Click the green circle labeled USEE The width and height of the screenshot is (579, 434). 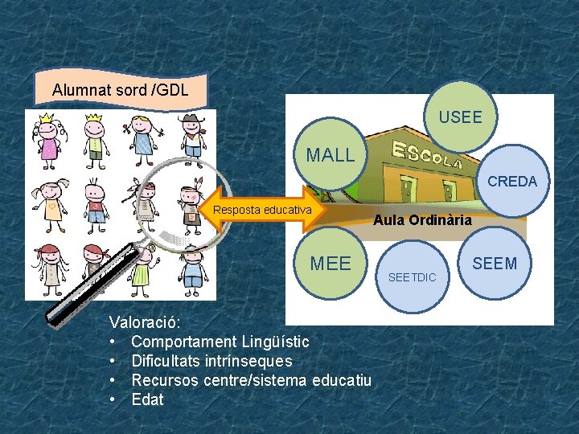click(x=461, y=117)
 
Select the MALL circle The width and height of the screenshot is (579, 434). click(x=330, y=155)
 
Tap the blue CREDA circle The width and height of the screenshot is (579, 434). click(x=511, y=181)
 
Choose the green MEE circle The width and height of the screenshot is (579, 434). click(x=331, y=264)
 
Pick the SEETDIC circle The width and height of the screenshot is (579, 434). click(x=412, y=277)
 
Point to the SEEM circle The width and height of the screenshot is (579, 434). click(x=495, y=263)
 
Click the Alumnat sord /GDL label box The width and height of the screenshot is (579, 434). click(x=121, y=90)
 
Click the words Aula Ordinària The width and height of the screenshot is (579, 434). click(x=423, y=219)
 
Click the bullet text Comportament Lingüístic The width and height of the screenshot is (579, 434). click(x=220, y=342)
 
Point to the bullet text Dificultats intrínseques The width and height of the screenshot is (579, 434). click(x=211, y=362)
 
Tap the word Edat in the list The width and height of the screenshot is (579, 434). click(x=147, y=399)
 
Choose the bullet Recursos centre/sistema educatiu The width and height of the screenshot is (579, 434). click(x=251, y=380)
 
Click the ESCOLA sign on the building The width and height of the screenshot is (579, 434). click(x=426, y=155)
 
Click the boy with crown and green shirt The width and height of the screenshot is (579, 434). click(x=96, y=138)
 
